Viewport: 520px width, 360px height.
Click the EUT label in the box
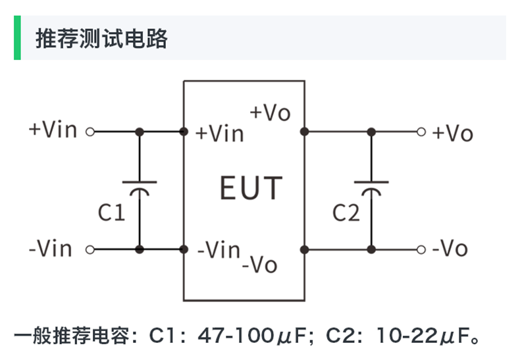[251, 188]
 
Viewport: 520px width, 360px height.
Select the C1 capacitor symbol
[140, 187]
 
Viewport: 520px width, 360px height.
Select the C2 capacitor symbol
[371, 187]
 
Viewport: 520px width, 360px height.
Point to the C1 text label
[111, 212]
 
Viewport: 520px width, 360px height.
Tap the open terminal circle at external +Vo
[421, 132]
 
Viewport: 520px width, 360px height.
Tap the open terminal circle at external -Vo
[421, 249]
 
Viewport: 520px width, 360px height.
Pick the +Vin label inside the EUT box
[220, 134]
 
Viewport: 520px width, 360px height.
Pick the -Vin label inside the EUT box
[219, 250]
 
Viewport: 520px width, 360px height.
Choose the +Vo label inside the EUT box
[270, 113]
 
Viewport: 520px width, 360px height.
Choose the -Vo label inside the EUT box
[259, 265]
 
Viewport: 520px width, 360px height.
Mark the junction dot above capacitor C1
[140, 132]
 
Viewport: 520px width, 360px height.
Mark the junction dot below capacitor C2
[371, 249]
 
